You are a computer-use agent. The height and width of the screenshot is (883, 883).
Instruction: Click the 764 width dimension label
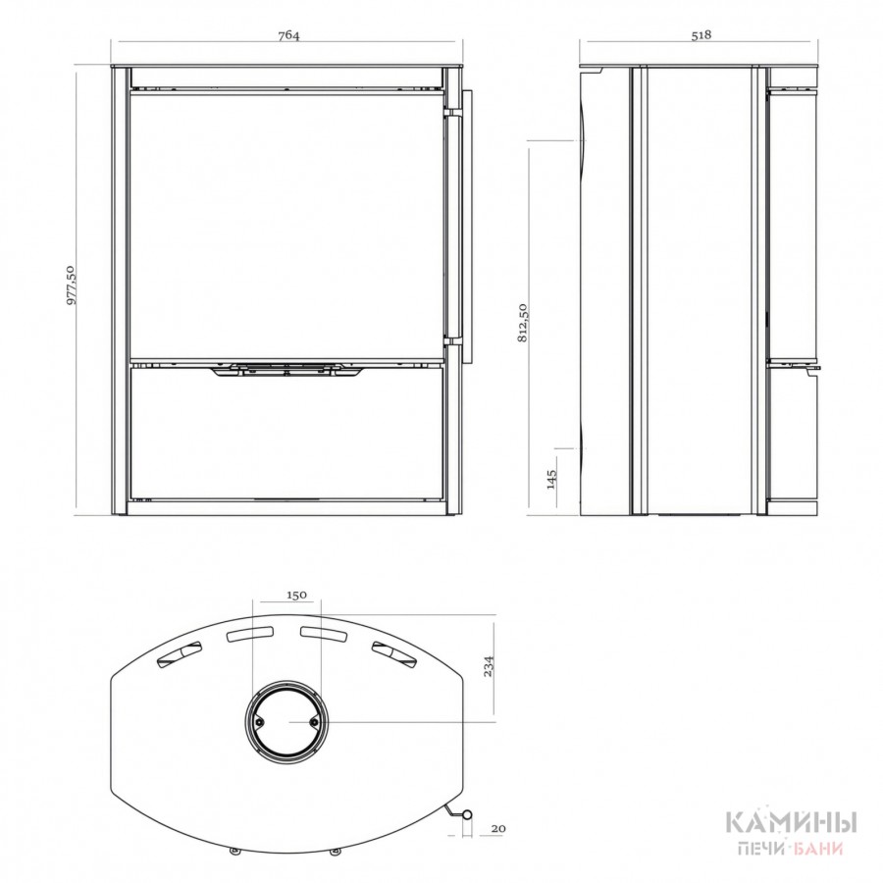point(288,35)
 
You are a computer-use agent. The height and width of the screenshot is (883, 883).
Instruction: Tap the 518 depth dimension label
point(701,35)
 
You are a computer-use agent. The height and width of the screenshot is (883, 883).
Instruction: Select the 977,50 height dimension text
point(72,285)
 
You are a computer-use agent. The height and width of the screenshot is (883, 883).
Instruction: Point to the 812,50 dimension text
point(523,323)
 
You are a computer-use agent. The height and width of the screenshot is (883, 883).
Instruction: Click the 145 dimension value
point(551,479)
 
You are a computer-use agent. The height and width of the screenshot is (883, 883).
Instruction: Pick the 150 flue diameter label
point(296,595)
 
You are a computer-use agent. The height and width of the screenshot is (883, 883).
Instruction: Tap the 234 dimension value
point(489,667)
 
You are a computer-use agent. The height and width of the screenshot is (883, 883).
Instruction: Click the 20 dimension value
point(498,828)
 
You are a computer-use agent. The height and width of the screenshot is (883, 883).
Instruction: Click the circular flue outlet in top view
point(286,682)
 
